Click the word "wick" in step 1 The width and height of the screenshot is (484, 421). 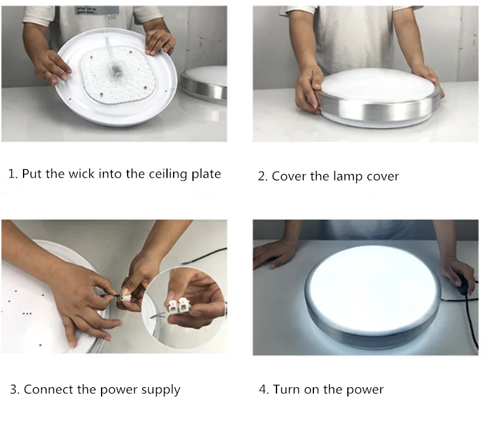tap(81, 174)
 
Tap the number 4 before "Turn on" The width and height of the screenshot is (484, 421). tap(263, 390)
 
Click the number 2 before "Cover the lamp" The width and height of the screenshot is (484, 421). tap(262, 176)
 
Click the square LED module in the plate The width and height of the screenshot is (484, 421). tap(113, 76)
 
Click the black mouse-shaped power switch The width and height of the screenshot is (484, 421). tap(463, 285)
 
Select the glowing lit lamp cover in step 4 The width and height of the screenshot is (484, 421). tap(373, 289)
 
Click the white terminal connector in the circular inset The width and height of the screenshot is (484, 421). tap(179, 307)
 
